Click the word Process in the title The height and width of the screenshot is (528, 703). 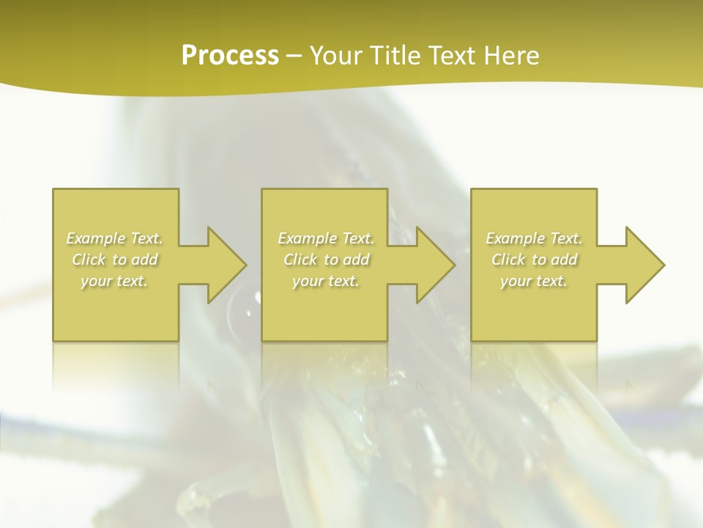pyautogui.click(x=230, y=56)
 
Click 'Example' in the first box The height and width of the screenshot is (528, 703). pyautogui.click(x=96, y=238)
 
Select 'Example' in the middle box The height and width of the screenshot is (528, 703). pyautogui.click(x=307, y=238)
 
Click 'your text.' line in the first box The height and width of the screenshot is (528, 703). pyautogui.click(x=115, y=281)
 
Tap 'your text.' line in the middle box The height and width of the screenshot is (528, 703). pyautogui.click(x=326, y=281)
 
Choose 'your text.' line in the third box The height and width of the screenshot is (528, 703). pyautogui.click(x=534, y=281)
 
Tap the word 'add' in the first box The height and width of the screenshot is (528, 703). pyautogui.click(x=145, y=260)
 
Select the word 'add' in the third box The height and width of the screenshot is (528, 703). pyautogui.click(x=565, y=260)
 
